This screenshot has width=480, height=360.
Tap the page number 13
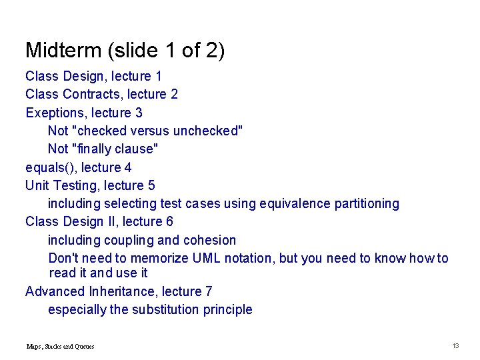[x=456, y=345]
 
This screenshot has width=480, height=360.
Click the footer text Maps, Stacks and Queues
[x=60, y=346]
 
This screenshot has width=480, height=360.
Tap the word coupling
[x=127, y=240]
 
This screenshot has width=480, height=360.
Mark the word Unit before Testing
[x=36, y=185]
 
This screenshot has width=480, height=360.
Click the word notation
[x=234, y=258]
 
